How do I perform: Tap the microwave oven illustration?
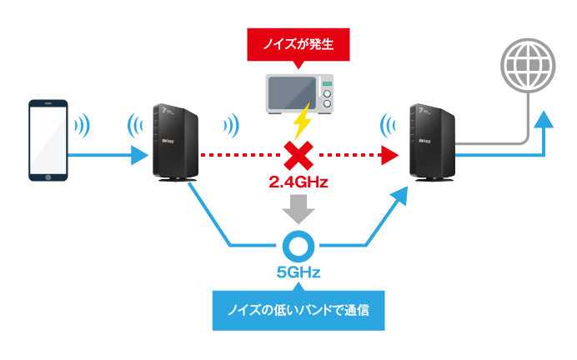(299, 93)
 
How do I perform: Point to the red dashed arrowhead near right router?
(388, 155)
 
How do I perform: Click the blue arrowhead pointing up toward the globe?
(543, 119)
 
